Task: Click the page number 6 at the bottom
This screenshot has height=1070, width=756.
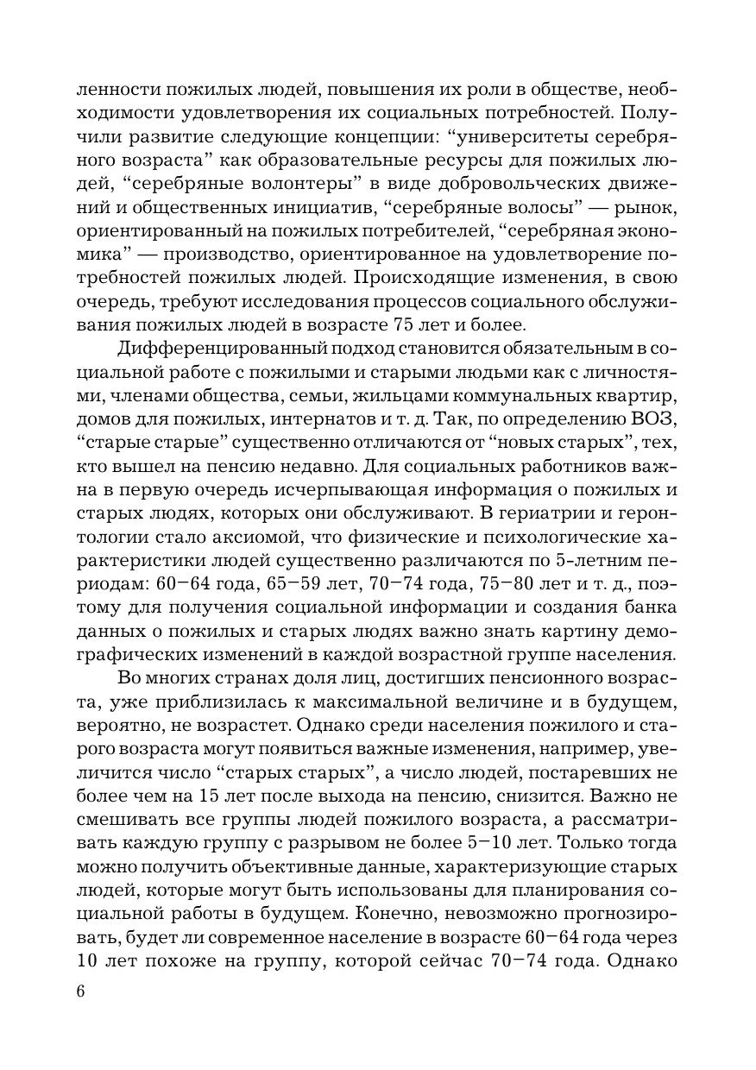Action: click(80, 991)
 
